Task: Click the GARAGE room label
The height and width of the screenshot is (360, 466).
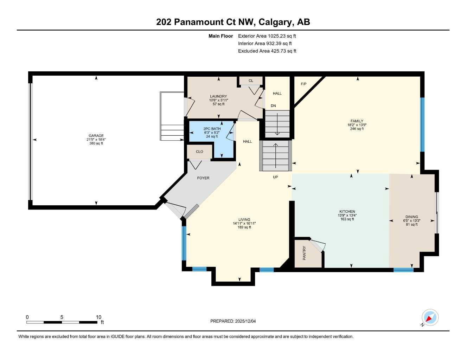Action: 96,136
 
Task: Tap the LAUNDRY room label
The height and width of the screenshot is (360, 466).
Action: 218,96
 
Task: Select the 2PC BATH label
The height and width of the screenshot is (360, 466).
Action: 212,129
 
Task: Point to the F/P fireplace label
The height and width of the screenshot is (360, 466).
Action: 304,84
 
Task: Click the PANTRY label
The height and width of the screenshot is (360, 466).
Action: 305,253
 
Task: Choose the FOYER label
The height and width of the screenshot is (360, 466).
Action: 203,178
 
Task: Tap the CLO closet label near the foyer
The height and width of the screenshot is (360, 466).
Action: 199,152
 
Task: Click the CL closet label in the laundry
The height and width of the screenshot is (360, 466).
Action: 251,81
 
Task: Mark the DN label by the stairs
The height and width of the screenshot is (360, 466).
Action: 273,106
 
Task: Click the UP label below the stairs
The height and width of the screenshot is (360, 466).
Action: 275,177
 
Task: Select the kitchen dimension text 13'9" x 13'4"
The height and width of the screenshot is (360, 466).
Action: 347,216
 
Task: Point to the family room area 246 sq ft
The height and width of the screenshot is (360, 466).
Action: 357,129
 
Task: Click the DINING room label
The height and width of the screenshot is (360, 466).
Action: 411,217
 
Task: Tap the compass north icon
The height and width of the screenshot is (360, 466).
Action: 429,318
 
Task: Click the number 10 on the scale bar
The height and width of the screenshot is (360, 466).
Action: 98,317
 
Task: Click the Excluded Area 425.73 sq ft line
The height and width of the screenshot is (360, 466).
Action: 267,51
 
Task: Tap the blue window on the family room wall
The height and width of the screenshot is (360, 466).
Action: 422,124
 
